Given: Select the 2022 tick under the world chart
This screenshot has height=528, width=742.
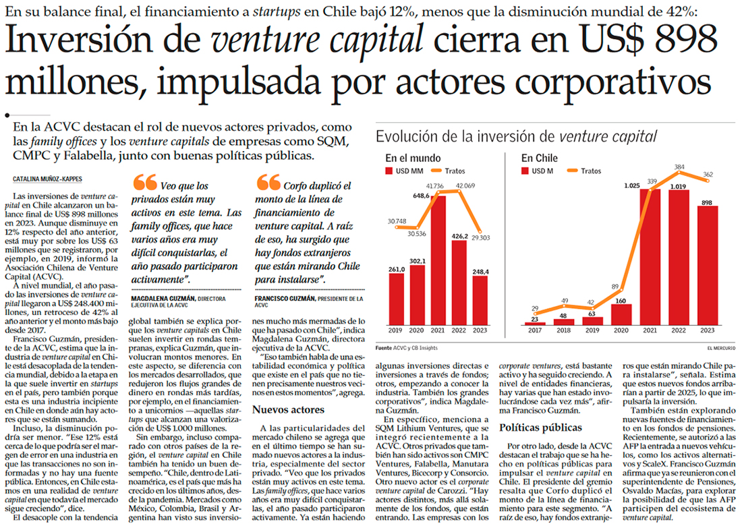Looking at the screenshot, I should (x=459, y=330).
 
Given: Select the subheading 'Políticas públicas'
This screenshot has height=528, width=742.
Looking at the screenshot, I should (x=542, y=427).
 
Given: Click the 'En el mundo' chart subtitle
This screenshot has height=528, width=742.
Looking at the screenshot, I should (x=411, y=158).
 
